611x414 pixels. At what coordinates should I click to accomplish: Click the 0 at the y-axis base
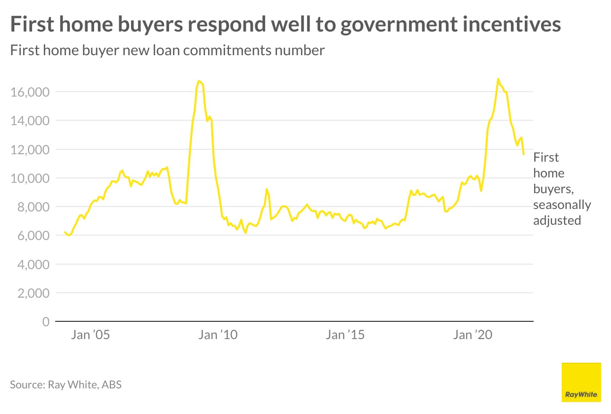coord(46,322)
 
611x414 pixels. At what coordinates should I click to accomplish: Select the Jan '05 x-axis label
coord(90,335)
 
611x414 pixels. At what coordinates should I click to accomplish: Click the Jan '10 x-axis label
coord(218,335)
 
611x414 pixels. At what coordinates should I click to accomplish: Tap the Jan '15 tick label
coord(345,335)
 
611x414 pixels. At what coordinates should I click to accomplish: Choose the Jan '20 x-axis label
coord(473,335)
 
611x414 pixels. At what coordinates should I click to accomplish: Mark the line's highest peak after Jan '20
coord(498,79)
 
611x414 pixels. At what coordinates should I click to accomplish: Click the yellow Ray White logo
coord(581,382)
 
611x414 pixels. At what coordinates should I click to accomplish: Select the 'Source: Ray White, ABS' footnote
coord(66,384)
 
